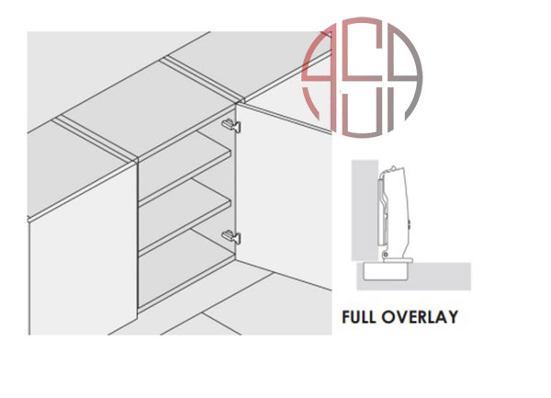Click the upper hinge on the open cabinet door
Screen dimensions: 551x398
click(231, 125)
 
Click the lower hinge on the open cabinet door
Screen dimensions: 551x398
click(231, 236)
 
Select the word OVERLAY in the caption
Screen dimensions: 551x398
click(420, 317)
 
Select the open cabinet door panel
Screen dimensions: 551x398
click(283, 195)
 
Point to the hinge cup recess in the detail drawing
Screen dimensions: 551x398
click(386, 271)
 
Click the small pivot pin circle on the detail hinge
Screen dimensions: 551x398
click(386, 255)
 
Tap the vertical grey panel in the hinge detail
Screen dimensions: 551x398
click(365, 210)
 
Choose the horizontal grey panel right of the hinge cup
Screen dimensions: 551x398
click(439, 276)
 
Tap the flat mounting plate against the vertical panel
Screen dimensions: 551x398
click(380, 212)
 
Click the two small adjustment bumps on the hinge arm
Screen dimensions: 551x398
click(410, 224)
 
